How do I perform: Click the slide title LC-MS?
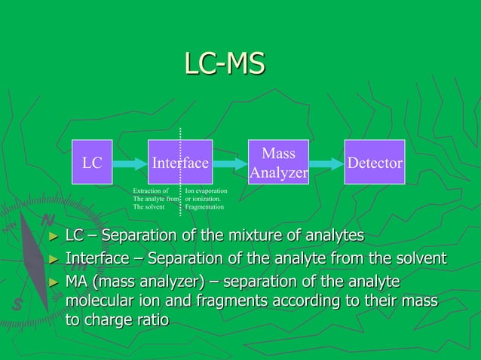pos(224,64)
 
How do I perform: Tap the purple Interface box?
pos(180,162)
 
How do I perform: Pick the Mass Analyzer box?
pos(278,162)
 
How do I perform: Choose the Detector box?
pos(375,162)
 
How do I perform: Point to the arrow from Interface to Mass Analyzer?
pos(230,162)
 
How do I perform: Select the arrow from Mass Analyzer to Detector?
pos(326,162)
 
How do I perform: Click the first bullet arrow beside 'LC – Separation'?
pos(53,237)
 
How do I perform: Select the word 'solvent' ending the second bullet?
pos(419,260)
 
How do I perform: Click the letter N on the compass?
pos(47,221)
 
